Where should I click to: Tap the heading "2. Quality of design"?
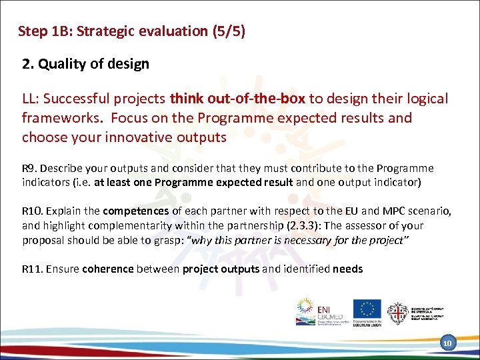tap(85, 64)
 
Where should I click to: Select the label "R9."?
tap(31, 169)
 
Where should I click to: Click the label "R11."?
tap(33, 269)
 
